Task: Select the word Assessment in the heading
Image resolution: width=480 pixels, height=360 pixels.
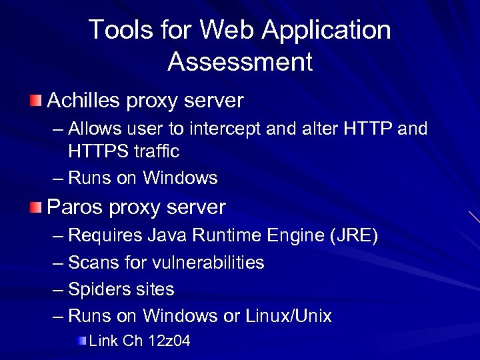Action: [x=240, y=62]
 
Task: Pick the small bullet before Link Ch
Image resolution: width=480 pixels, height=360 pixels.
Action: [x=81, y=341]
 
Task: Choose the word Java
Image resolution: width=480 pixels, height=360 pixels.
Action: [x=167, y=236]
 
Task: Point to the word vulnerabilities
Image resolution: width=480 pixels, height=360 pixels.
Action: [x=208, y=263]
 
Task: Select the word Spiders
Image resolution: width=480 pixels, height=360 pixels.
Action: [x=96, y=289]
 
